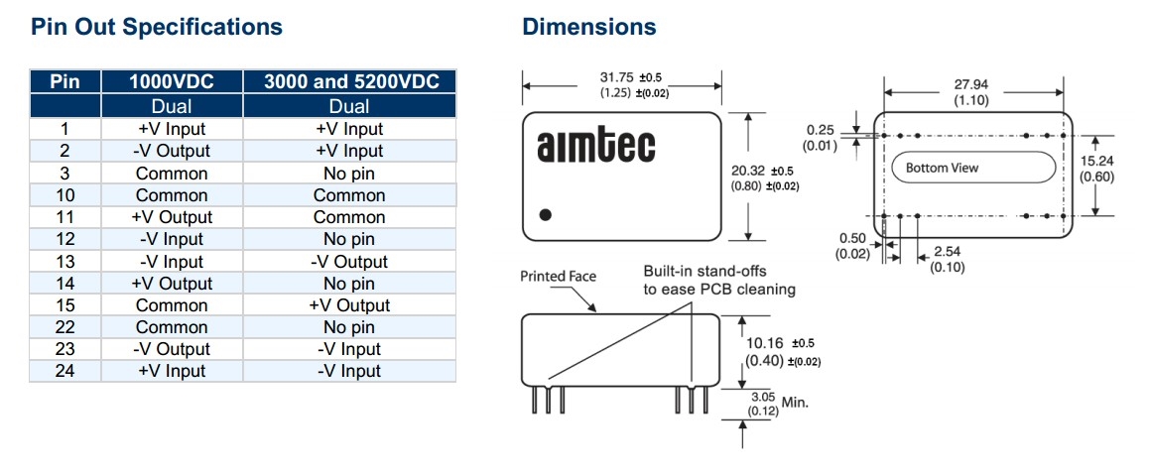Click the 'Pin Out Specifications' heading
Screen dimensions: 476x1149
[x=157, y=27]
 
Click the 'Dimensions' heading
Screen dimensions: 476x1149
[x=589, y=27]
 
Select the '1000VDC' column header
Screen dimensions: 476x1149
[x=172, y=81]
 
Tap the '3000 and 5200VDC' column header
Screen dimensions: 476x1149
[x=349, y=81]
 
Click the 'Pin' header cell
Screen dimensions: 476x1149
[x=64, y=81]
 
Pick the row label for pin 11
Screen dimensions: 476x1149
[x=64, y=217]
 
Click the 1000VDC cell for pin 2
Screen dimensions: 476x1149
[x=172, y=151]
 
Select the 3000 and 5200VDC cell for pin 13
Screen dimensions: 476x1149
[x=349, y=262]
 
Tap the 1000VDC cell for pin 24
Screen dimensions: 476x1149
[x=172, y=371]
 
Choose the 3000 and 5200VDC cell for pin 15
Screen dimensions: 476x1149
[x=349, y=305]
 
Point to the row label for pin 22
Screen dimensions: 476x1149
[x=64, y=327]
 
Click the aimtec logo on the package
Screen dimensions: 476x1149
[x=595, y=146]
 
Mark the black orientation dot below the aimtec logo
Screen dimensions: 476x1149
[x=545, y=214]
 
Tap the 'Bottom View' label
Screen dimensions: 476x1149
[x=942, y=168]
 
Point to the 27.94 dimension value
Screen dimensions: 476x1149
[x=969, y=85]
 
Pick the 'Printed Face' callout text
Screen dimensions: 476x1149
[x=558, y=277]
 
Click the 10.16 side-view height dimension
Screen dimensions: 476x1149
[x=764, y=344]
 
